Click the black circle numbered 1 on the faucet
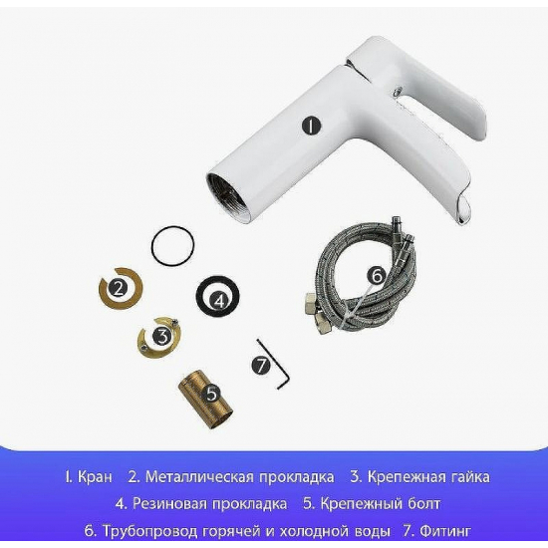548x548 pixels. pos(312,127)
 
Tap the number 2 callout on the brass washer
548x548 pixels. pos(119,290)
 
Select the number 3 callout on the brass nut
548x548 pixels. pos(161,336)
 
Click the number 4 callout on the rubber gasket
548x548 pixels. pos(221,298)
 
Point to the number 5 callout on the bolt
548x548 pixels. pos(211,394)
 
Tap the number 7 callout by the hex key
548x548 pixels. pos(261,366)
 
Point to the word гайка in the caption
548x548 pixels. pos(465,477)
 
